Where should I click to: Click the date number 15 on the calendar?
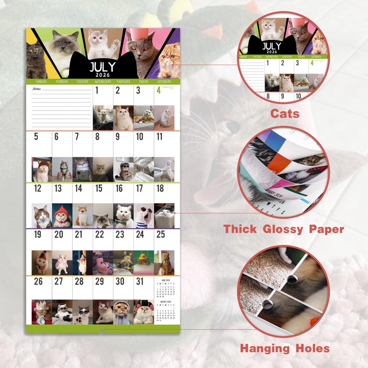point(98,188)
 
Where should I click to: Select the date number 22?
point(99,235)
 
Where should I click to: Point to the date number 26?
point(38,281)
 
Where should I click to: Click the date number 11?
point(159,137)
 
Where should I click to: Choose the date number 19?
point(37,235)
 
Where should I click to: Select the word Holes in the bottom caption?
point(307,348)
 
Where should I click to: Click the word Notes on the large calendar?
point(36,89)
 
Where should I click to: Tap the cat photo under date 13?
point(62,215)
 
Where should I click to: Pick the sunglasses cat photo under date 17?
point(144,215)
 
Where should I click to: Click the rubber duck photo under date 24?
point(144,262)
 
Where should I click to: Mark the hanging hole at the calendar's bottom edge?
point(102,329)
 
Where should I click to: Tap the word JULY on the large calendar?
point(103,67)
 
